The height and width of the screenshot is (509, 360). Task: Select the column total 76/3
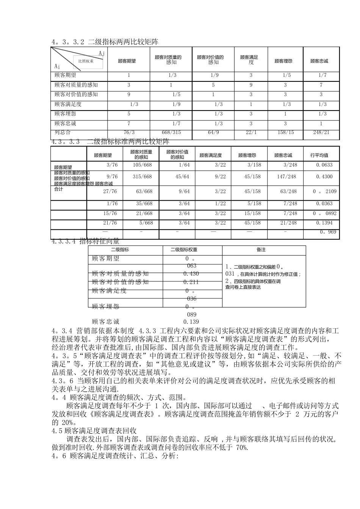(x=129, y=132)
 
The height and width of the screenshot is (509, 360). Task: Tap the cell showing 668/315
(x=171, y=132)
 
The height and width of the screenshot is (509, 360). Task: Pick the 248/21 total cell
(x=321, y=132)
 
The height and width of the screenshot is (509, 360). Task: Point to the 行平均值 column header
(x=319, y=155)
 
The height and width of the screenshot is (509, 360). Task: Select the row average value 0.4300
(x=324, y=176)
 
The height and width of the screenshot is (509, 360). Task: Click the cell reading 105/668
(x=142, y=165)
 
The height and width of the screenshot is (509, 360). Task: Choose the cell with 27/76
(x=110, y=191)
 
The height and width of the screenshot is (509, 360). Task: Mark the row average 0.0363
(x=324, y=203)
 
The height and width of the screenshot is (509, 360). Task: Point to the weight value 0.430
(x=191, y=273)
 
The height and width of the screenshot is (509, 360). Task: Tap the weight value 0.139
(x=191, y=322)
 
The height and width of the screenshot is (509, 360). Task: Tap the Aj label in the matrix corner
(x=101, y=54)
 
